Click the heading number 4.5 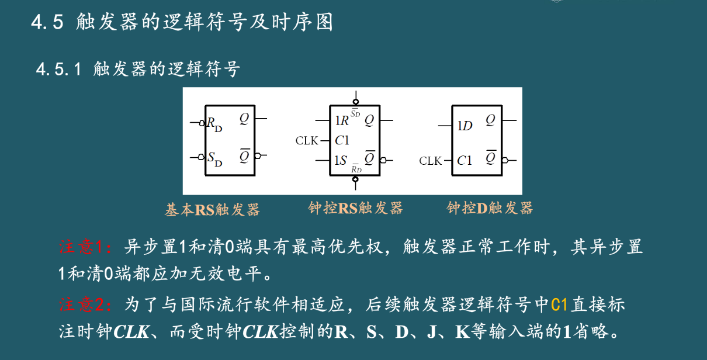pyautogui.click(x=47, y=23)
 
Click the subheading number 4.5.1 pyautogui.click(x=58, y=70)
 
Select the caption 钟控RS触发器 pyautogui.click(x=355, y=208)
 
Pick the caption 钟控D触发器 pyautogui.click(x=490, y=208)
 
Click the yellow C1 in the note pyautogui.click(x=559, y=304)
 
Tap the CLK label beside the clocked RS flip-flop pyautogui.click(x=307, y=140)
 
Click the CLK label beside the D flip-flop pyautogui.click(x=431, y=161)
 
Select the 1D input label pyautogui.click(x=465, y=126)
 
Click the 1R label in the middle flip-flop pyautogui.click(x=342, y=121)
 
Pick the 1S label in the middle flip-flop pyautogui.click(x=341, y=160)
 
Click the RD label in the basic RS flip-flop pyautogui.click(x=214, y=124)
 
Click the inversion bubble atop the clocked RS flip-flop pyautogui.click(x=355, y=99)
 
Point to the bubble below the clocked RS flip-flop pyautogui.click(x=355, y=181)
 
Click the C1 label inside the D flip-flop pyautogui.click(x=465, y=160)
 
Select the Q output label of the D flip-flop pyautogui.click(x=490, y=120)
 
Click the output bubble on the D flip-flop pyautogui.click(x=504, y=160)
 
